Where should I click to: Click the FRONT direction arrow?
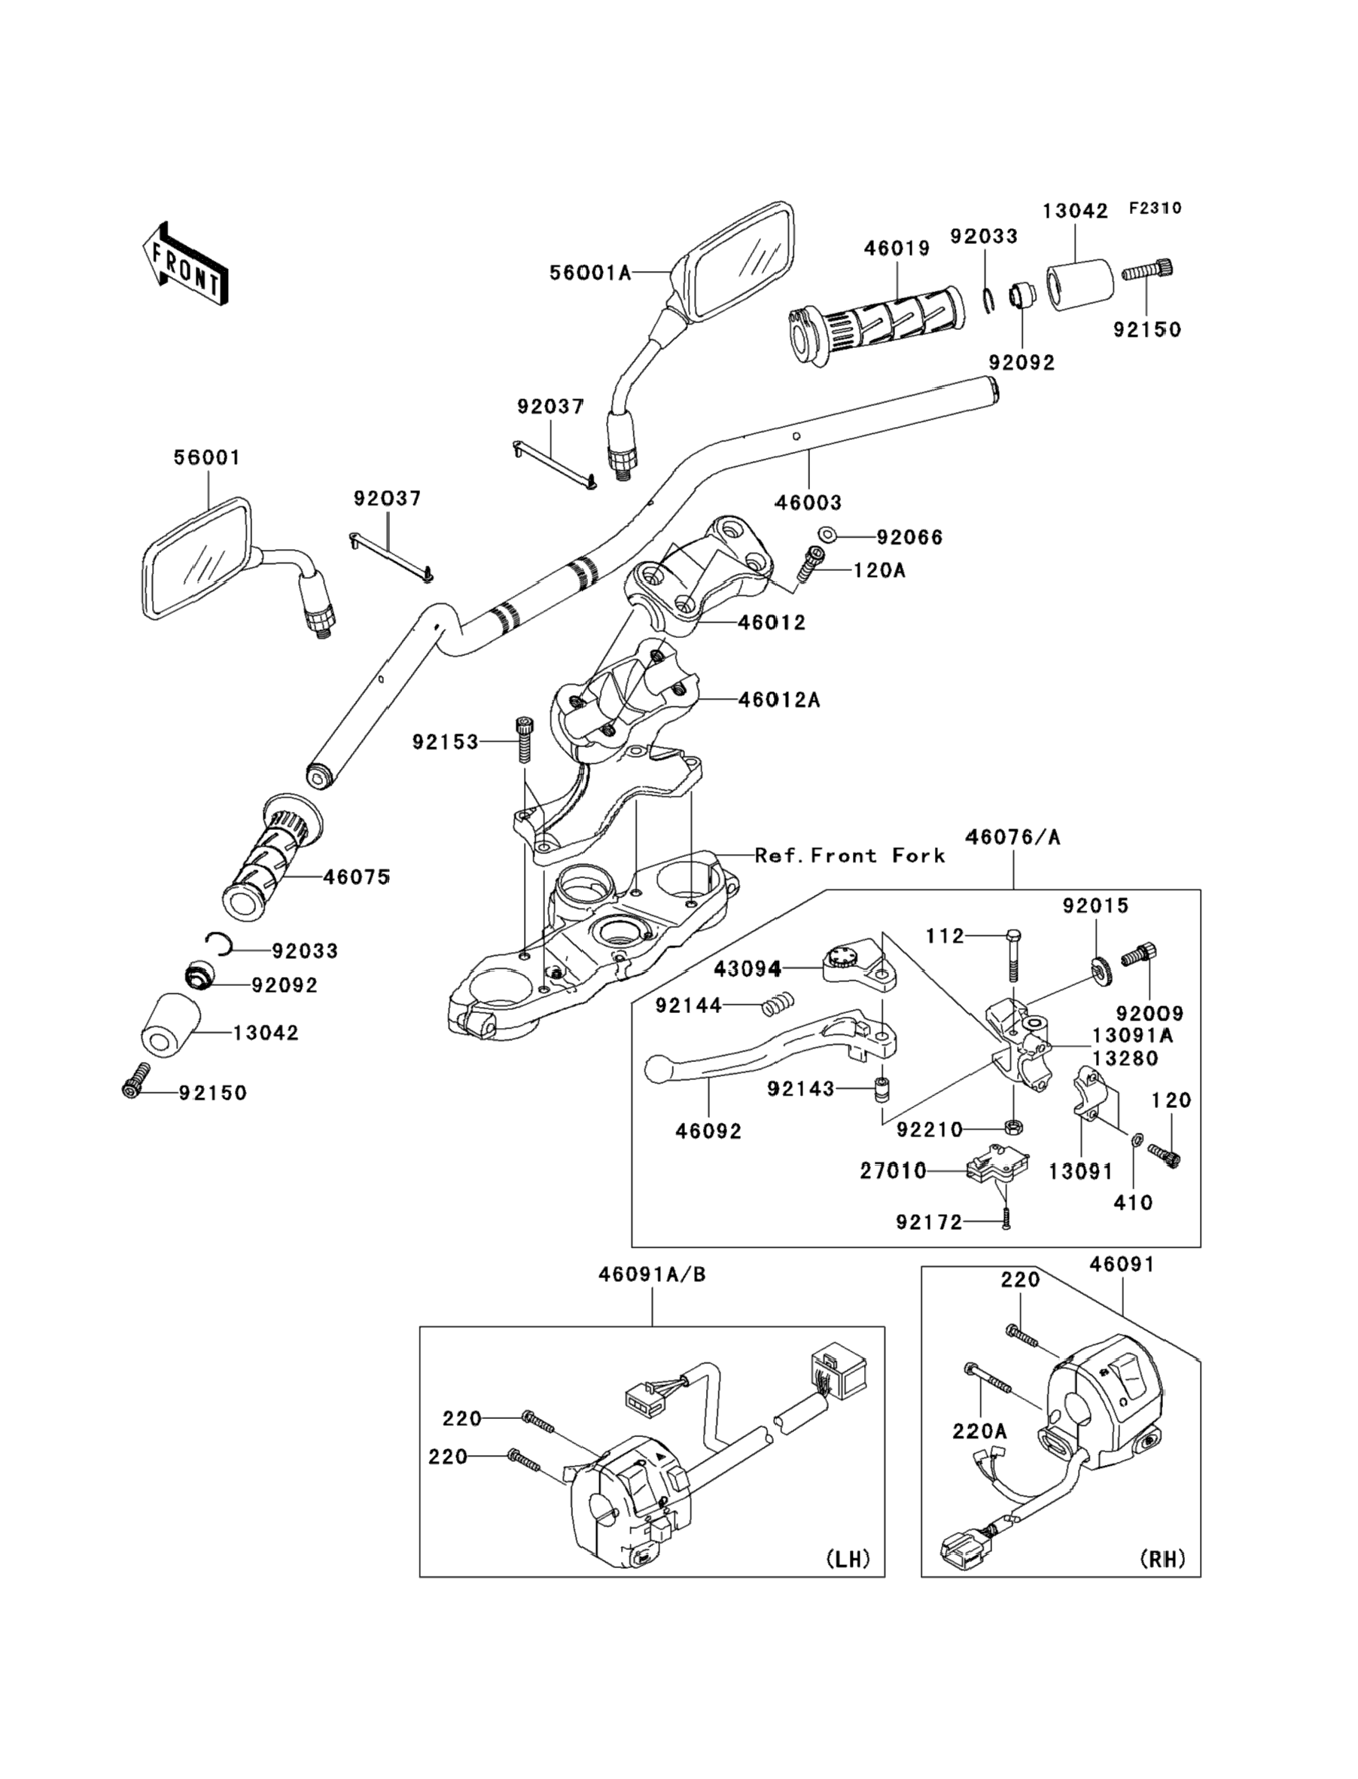click(184, 265)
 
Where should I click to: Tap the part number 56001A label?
click(589, 273)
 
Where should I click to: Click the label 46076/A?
click(1012, 838)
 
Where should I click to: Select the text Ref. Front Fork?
click(850, 856)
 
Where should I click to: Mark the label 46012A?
click(778, 700)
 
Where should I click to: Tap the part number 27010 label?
click(894, 1170)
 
